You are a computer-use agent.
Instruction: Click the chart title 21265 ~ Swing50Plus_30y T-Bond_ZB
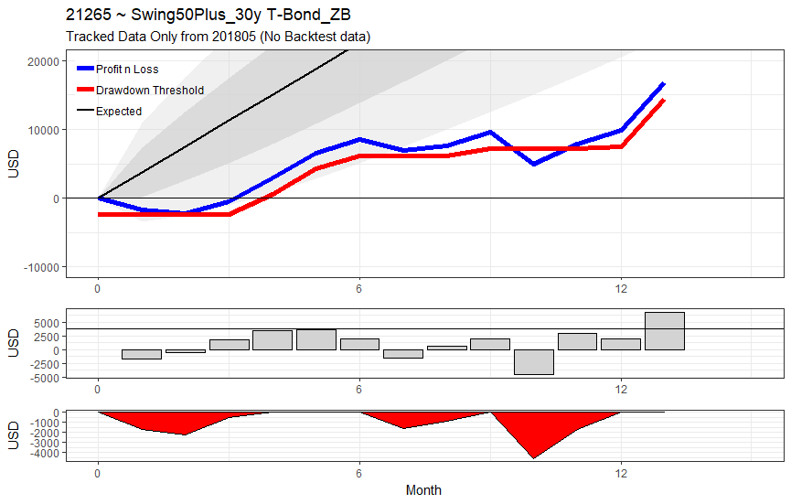[208, 15]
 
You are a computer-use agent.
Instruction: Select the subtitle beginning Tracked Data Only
[218, 37]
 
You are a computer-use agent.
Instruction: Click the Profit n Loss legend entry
[118, 70]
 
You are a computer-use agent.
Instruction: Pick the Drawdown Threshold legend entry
[140, 91]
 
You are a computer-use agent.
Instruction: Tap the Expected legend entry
[109, 111]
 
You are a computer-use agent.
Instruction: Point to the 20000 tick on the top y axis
[43, 61]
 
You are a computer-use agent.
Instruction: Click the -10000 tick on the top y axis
[41, 267]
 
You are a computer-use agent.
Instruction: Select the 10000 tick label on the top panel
[43, 130]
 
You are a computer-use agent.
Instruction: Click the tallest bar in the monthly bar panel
[665, 331]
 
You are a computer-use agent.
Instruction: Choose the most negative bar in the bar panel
[534, 362]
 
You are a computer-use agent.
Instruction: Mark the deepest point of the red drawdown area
[534, 458]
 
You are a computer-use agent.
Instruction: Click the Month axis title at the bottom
[423, 490]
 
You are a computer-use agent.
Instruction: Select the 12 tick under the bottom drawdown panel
[621, 473]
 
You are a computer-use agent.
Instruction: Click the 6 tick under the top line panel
[359, 288]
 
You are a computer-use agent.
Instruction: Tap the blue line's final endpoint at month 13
[665, 84]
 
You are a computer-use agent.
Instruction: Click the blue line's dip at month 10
[534, 164]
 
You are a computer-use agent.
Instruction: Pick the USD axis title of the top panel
[14, 164]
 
